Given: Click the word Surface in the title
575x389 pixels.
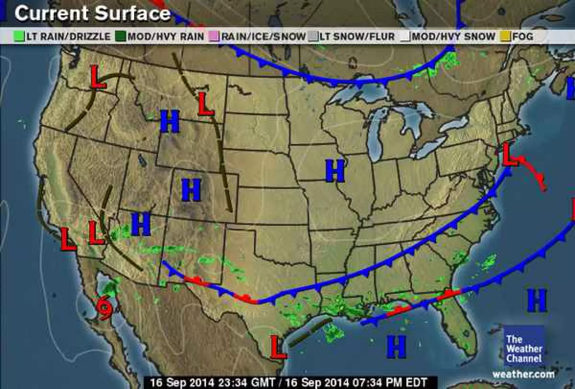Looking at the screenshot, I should click(x=132, y=13).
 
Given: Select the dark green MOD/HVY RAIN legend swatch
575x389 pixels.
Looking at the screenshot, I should click(x=121, y=37).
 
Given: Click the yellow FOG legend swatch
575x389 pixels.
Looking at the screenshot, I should click(x=506, y=37).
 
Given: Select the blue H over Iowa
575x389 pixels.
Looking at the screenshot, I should click(x=335, y=170).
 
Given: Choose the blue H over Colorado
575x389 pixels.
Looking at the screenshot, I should click(x=191, y=190).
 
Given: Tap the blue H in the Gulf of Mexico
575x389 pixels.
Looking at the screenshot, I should click(x=396, y=347).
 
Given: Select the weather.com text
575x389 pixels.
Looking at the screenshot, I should click(x=523, y=374).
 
